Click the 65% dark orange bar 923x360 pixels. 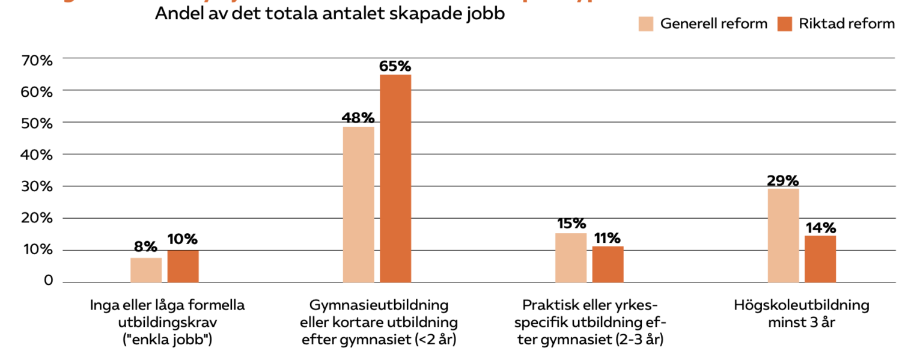pyautogui.click(x=395, y=178)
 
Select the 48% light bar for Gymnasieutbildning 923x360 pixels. pyautogui.click(x=358, y=204)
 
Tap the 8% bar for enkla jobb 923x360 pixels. pyautogui.click(x=146, y=270)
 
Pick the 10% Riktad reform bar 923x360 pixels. pyautogui.click(x=183, y=266)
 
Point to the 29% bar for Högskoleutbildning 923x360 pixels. pyautogui.click(x=783, y=235)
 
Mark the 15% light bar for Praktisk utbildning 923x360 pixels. pyautogui.click(x=571, y=257)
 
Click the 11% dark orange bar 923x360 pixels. pyautogui.click(x=608, y=264)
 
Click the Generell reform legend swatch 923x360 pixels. pyautogui.click(x=645, y=24)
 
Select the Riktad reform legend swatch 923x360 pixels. pyautogui.click(x=785, y=24)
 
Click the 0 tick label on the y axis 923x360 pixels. pyautogui.click(x=48, y=281)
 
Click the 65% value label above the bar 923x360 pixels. pyautogui.click(x=395, y=66)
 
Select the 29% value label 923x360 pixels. pyautogui.click(x=782, y=180)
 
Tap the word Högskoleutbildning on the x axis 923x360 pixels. pyautogui.click(x=801, y=305)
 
